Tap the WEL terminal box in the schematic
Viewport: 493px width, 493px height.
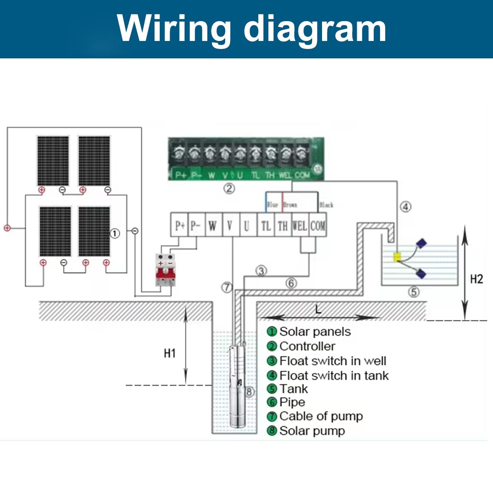coord(300,226)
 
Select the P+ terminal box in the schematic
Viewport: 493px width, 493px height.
coord(180,226)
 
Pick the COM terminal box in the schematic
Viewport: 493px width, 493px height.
coord(318,226)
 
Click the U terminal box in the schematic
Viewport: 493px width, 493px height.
coord(247,226)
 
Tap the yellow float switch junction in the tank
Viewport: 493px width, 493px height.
coord(397,257)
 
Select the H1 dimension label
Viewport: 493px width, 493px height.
coord(170,353)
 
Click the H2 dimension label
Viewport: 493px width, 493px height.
coord(476,279)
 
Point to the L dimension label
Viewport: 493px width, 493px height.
coord(318,309)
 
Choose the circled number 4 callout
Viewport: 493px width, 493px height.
coord(406,207)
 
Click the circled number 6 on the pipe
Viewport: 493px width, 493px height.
coord(291,283)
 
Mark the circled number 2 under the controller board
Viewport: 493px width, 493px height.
coord(229,189)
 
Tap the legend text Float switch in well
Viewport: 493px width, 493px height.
coord(333,361)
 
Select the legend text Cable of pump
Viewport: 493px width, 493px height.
coord(321,416)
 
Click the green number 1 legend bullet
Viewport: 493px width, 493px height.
coord(272,332)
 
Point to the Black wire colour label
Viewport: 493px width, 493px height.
coord(326,205)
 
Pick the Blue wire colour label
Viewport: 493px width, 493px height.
coord(272,205)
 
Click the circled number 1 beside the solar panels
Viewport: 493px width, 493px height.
coord(115,233)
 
